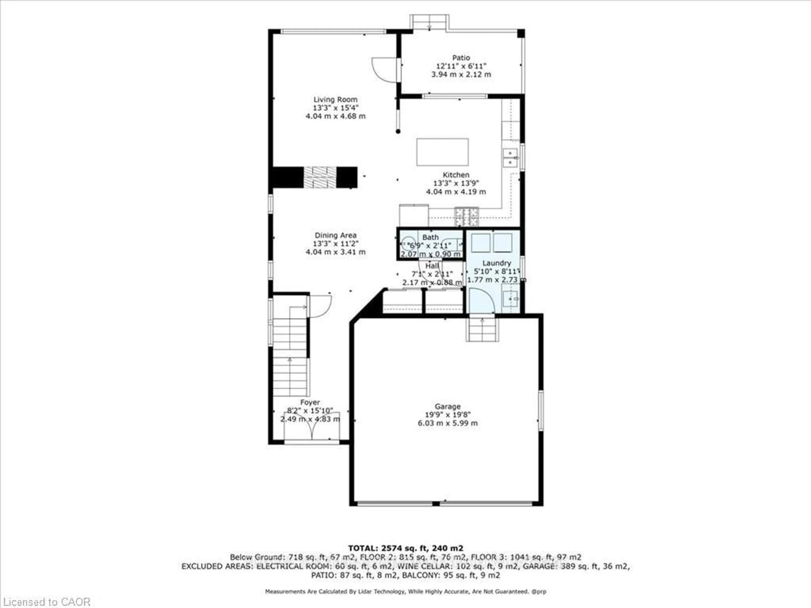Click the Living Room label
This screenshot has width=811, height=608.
335,99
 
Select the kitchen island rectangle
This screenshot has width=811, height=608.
442,152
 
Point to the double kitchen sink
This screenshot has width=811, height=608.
510,157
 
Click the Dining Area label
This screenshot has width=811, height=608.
335,235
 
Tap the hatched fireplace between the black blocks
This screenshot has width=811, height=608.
320,177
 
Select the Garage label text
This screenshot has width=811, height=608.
447,406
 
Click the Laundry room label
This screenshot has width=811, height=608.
497,263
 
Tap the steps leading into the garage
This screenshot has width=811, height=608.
482,330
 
